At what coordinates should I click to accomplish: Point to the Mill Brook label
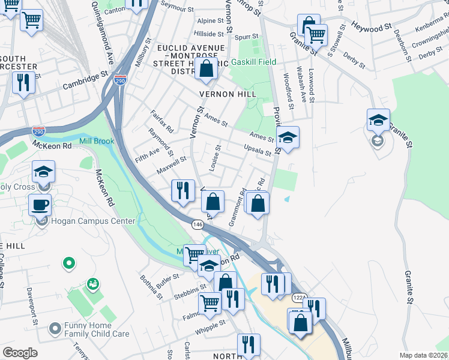97,142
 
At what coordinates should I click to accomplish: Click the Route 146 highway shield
197,224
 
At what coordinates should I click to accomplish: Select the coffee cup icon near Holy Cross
40,204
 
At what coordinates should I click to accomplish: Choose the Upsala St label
258,149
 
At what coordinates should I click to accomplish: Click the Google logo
20,353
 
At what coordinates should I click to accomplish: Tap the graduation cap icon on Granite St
378,120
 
